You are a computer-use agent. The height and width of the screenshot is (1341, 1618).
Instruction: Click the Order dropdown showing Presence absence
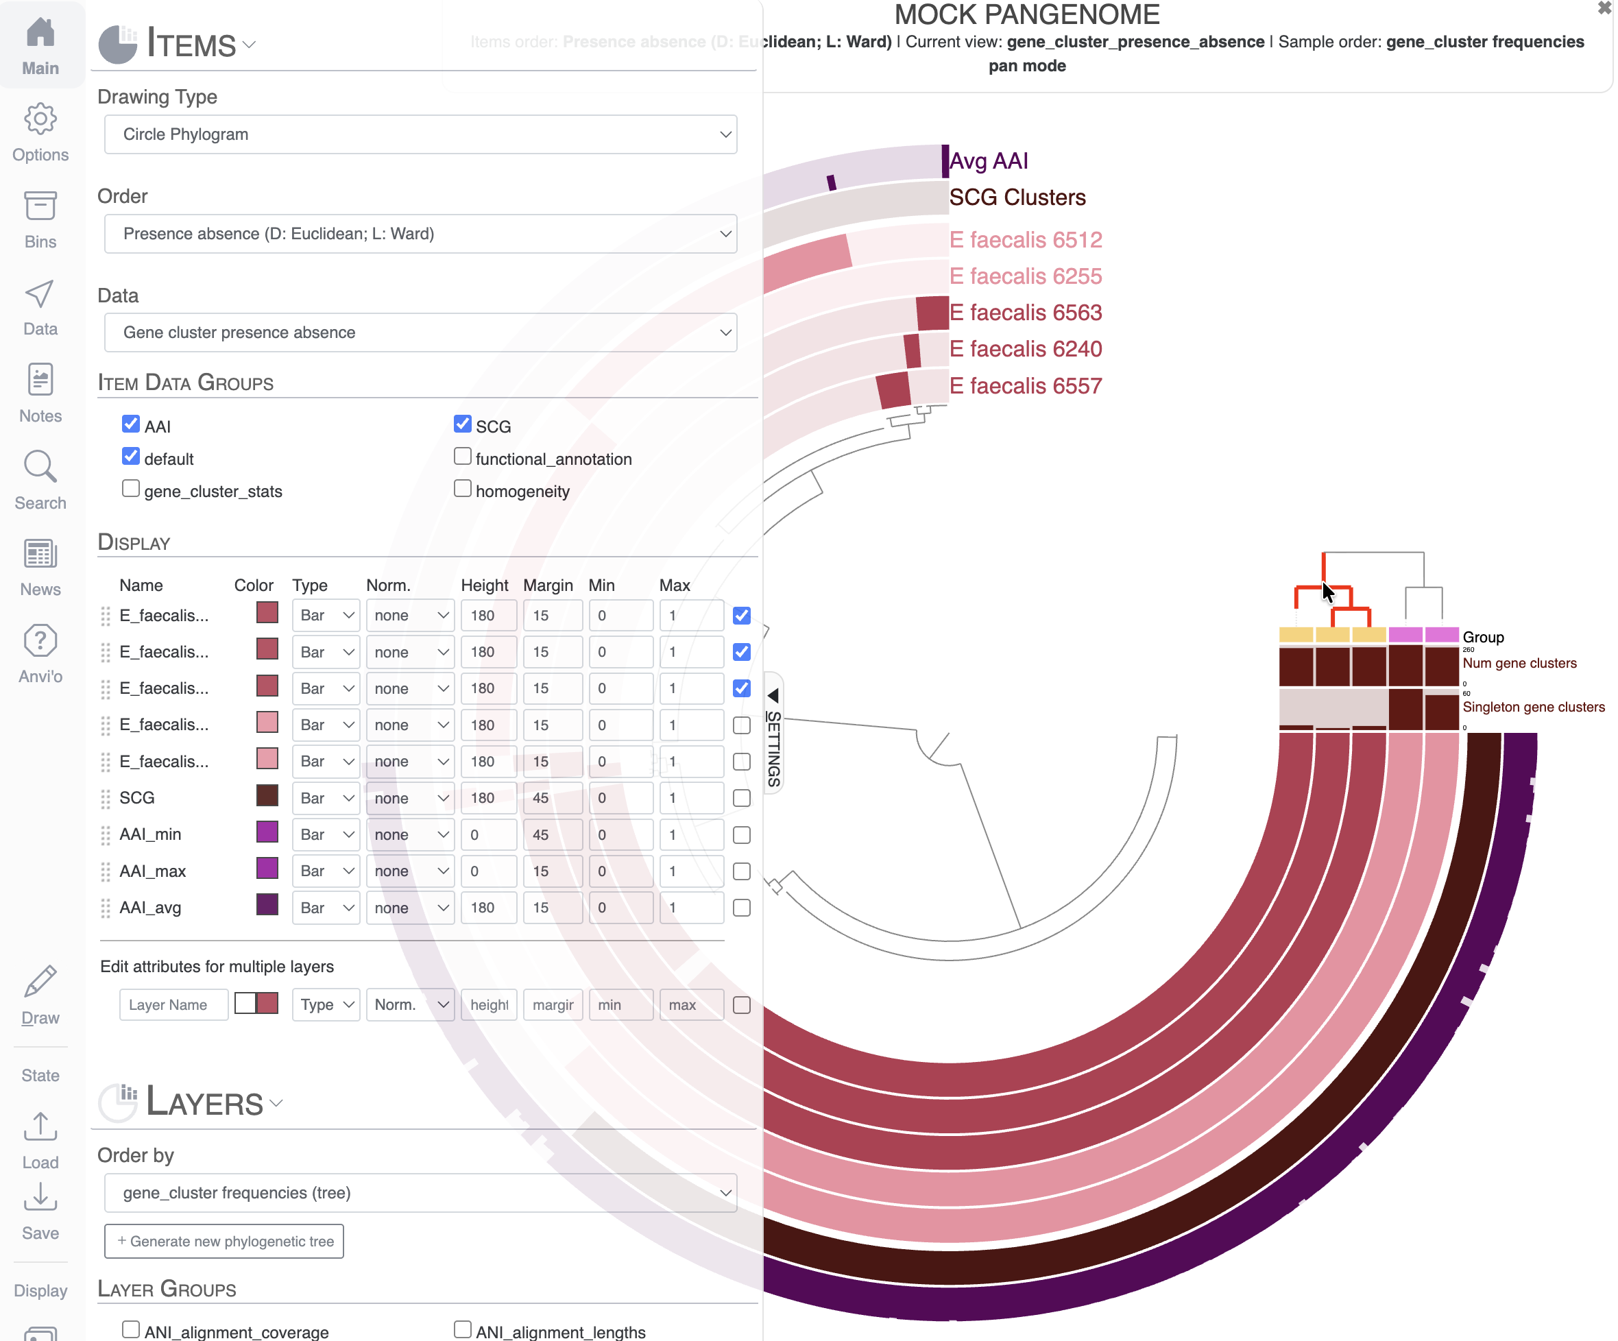click(x=420, y=233)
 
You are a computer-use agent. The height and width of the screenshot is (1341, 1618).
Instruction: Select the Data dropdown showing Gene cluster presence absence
click(x=420, y=333)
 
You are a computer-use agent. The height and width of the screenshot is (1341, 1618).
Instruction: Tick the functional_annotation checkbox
click(x=462, y=457)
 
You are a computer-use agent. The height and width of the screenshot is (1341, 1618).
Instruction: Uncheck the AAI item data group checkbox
click(x=131, y=424)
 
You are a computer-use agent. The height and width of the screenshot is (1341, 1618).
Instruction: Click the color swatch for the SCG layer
click(x=267, y=797)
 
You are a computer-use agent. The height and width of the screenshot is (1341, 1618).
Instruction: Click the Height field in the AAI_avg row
click(x=488, y=908)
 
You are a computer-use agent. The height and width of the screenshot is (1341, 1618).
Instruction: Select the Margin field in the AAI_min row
click(x=552, y=835)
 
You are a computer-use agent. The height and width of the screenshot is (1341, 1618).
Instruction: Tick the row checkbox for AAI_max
click(x=741, y=872)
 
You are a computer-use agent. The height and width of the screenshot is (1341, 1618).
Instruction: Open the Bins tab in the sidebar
click(x=40, y=220)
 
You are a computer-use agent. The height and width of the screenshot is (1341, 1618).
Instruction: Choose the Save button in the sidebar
click(x=40, y=1211)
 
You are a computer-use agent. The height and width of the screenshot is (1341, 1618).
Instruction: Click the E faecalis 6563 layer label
click(x=1025, y=313)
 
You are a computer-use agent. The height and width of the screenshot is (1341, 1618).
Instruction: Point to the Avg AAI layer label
click(x=989, y=161)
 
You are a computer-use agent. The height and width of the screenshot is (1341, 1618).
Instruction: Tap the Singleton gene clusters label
click(x=1533, y=707)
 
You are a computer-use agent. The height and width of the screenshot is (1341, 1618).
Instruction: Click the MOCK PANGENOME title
click(x=1026, y=14)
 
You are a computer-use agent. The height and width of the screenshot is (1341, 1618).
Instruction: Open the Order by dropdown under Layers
click(x=420, y=1193)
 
